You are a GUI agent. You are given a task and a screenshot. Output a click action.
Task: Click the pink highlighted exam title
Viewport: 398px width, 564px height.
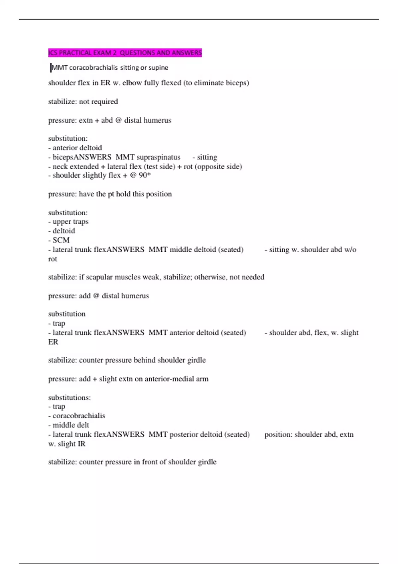[125, 53]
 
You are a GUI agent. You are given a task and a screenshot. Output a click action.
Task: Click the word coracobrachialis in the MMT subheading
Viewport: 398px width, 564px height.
[93, 68]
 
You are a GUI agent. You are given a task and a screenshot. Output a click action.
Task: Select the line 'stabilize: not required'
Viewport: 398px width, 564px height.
[83, 102]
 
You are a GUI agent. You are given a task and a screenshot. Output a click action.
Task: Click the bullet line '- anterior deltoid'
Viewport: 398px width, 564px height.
[75, 148]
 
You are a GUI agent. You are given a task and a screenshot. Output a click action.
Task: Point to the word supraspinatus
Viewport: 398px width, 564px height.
[158, 157]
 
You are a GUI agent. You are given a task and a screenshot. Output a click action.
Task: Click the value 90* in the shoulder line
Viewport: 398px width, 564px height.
[145, 175]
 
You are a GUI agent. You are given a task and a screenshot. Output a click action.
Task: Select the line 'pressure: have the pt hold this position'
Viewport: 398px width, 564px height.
[110, 194]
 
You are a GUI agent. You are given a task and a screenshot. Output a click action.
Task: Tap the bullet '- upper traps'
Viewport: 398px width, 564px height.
[68, 222]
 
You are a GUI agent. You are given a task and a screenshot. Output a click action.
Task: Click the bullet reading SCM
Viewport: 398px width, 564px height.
[61, 240]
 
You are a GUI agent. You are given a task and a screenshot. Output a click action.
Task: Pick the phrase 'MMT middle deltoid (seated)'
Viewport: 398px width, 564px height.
[196, 249]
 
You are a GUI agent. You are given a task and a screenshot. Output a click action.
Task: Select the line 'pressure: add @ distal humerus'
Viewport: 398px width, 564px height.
[98, 296]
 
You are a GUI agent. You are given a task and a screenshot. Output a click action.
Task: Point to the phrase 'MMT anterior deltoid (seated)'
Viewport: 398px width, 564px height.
[197, 333]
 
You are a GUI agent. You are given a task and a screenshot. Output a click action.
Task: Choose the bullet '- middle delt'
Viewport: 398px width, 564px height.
[68, 425]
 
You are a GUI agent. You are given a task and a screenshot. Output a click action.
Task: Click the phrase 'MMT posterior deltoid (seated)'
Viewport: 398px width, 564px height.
[199, 435]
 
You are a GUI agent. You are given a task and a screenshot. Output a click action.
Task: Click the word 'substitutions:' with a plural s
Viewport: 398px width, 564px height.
[69, 397]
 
